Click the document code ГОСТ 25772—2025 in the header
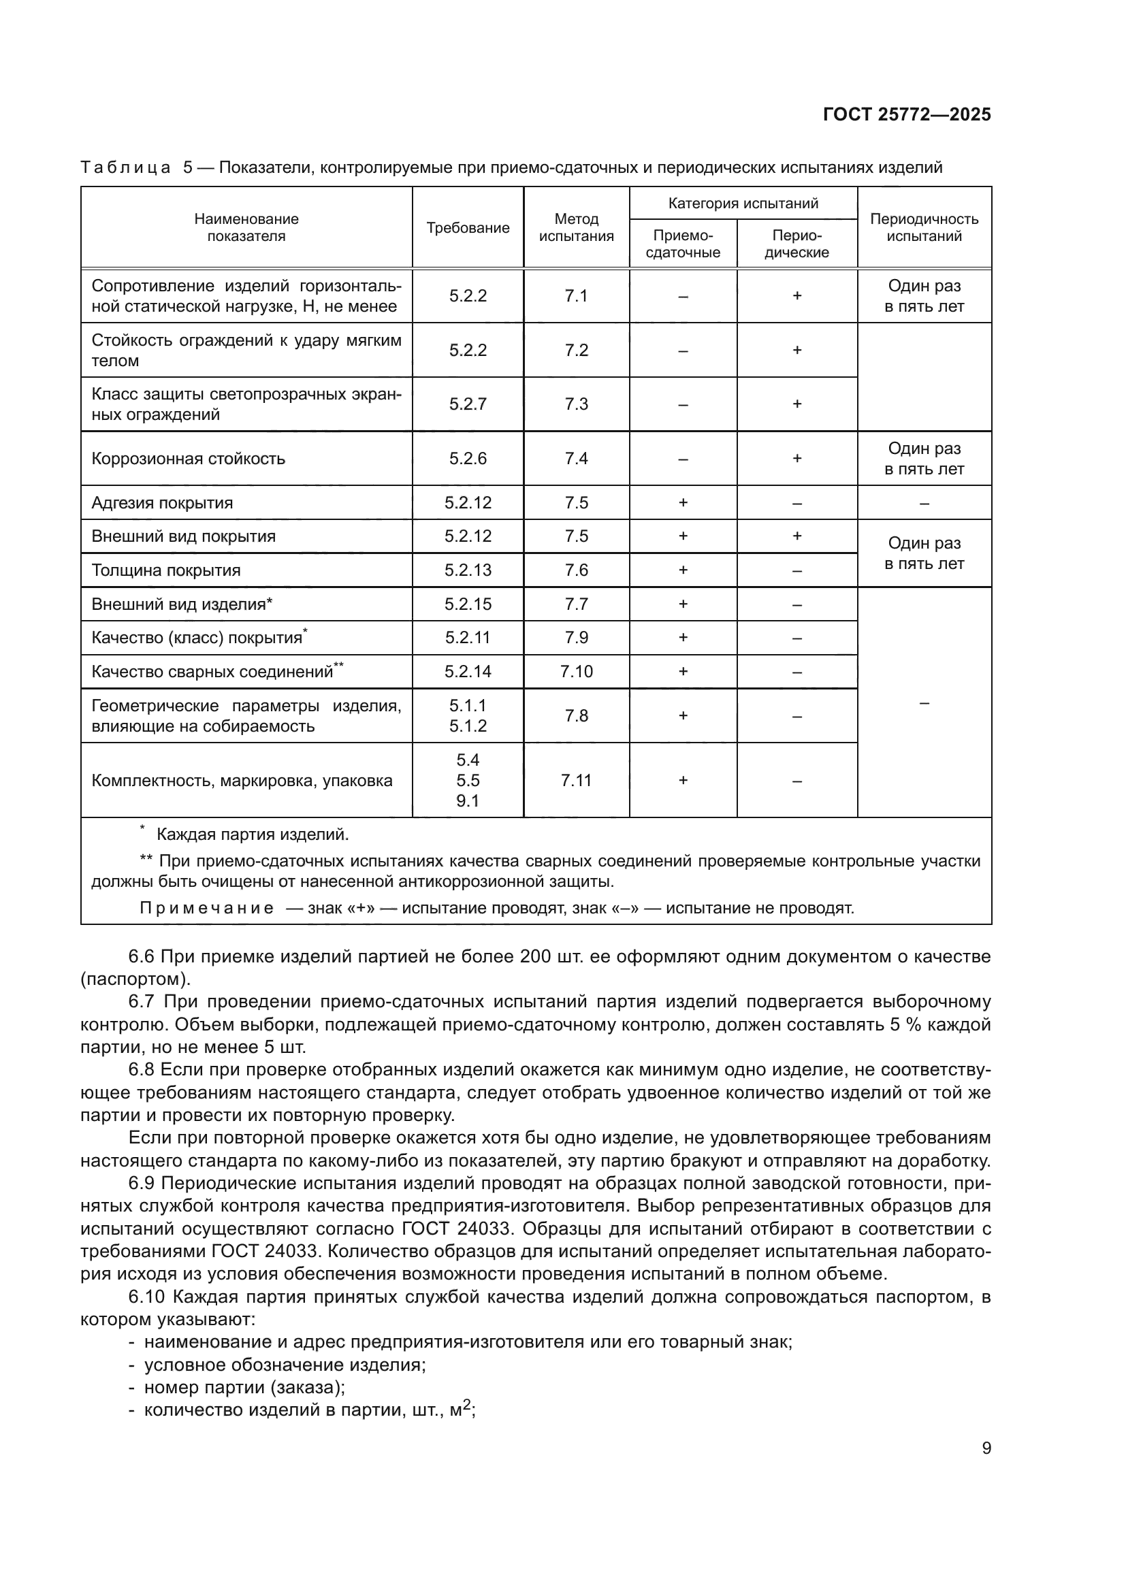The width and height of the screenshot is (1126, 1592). [x=906, y=115]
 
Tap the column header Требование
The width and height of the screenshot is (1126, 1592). [x=467, y=228]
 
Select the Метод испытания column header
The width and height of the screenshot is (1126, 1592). [x=576, y=227]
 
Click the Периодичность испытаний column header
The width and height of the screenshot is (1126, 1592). [x=924, y=227]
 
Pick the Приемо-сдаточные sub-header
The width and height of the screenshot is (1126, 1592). [x=682, y=244]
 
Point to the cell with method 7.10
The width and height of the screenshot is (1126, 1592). [x=576, y=671]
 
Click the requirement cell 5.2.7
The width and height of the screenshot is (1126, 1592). [x=467, y=404]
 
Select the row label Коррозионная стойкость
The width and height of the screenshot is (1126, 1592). [x=188, y=458]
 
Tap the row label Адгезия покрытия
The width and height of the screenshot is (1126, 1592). [x=162, y=503]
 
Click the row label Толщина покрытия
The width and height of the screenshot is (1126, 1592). [x=165, y=570]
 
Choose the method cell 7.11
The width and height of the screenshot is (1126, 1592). [x=576, y=780]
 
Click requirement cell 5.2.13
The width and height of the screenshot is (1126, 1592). [x=467, y=570]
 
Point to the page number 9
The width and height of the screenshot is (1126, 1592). [x=986, y=1448]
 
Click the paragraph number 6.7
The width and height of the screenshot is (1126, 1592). [x=144, y=1001]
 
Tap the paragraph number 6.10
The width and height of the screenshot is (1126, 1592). [x=148, y=1297]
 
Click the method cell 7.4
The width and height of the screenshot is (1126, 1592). [x=576, y=458]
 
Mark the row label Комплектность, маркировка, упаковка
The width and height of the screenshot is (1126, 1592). [x=242, y=781]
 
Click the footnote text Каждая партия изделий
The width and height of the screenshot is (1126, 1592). [x=253, y=835]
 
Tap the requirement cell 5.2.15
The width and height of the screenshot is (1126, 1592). [x=467, y=604]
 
